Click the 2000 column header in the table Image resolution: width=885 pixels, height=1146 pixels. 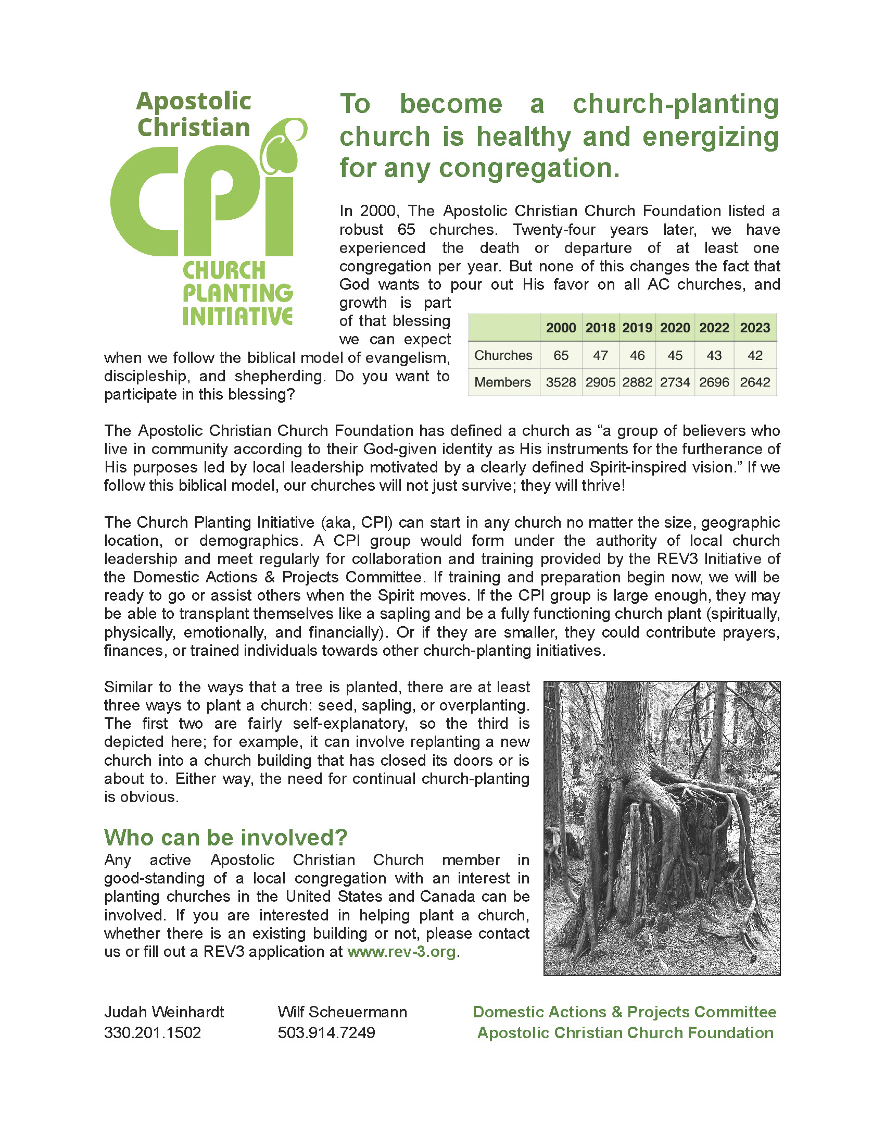click(561, 328)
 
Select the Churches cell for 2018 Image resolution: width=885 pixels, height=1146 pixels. click(600, 355)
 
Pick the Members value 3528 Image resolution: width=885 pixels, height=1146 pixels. click(561, 382)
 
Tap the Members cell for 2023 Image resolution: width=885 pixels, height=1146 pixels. click(754, 382)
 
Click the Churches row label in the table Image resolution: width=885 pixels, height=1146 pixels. click(503, 355)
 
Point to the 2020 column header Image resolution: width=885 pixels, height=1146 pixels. click(675, 328)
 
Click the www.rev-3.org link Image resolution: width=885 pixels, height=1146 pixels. click(401, 952)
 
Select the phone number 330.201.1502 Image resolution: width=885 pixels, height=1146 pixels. click(153, 1032)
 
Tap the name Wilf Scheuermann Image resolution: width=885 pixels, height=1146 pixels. click(343, 1012)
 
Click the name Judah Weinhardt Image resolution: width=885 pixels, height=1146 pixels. click(164, 1012)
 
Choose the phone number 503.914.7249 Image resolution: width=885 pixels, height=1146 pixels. click(326, 1032)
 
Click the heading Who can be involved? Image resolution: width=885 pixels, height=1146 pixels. click(225, 838)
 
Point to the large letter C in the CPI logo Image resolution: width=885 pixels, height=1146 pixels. click(142, 202)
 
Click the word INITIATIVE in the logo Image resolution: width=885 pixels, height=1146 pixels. click(237, 316)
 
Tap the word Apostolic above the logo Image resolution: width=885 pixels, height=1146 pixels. click(194, 101)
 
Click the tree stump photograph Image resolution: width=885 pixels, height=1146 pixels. click(662, 828)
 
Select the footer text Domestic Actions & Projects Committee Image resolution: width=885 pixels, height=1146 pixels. click(624, 1012)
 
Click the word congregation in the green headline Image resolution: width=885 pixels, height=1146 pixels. click(529, 168)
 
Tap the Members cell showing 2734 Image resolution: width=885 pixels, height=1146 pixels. click(675, 382)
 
